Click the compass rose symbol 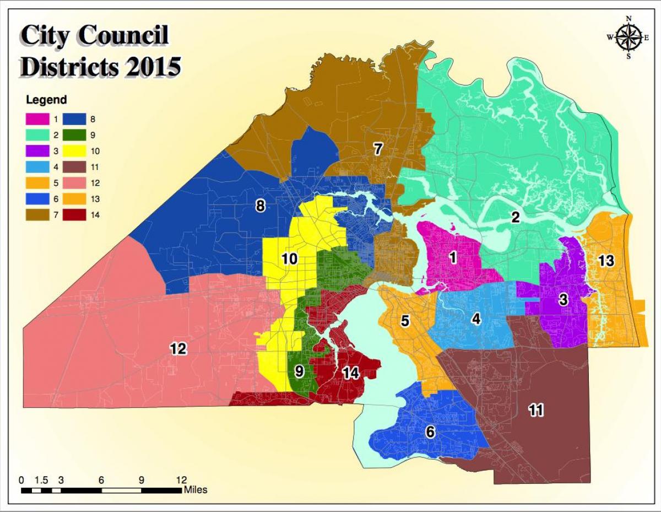tap(627, 37)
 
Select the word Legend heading tap(47, 100)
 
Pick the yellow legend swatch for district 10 tap(74, 150)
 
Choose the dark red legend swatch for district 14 tap(74, 215)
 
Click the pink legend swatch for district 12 tap(74, 182)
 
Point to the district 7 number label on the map tap(378, 149)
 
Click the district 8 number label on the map tap(261, 206)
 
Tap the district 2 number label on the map tap(515, 217)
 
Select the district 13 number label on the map tap(606, 261)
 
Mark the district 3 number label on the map tap(563, 300)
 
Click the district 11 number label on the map tap(536, 409)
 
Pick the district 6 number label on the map tap(430, 432)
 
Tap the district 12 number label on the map tap(178, 348)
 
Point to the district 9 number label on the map tap(299, 371)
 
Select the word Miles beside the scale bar tap(196, 489)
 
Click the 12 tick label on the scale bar tap(181, 479)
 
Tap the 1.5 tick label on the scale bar tap(41, 479)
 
